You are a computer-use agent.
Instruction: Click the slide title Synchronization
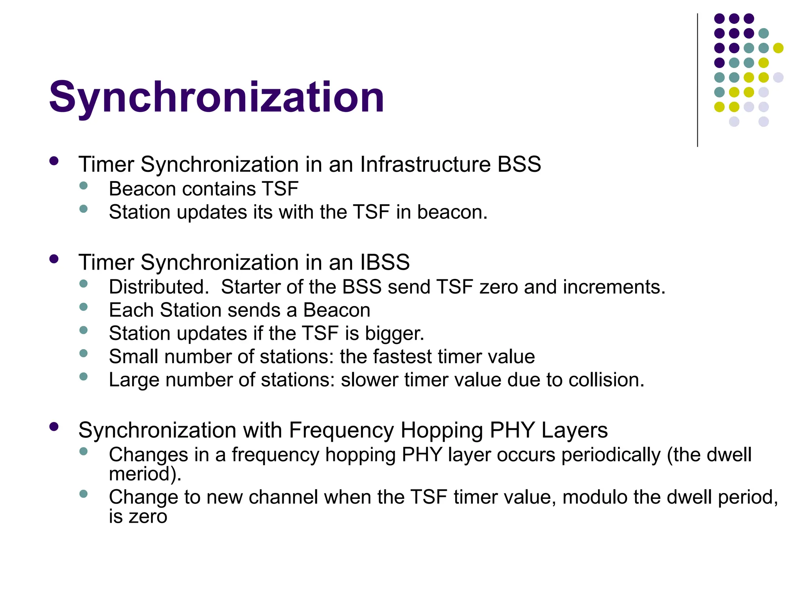pyautogui.click(x=216, y=97)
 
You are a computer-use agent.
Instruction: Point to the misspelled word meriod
pyautogui.click(x=145, y=474)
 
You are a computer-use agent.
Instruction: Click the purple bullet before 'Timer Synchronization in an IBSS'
pyautogui.click(x=54, y=259)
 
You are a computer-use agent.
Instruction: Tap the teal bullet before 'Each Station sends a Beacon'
pyautogui.click(x=83, y=307)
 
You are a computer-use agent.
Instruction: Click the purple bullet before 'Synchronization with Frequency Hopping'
pyautogui.click(x=54, y=427)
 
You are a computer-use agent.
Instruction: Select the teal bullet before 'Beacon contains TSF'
pyautogui.click(x=83, y=185)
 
